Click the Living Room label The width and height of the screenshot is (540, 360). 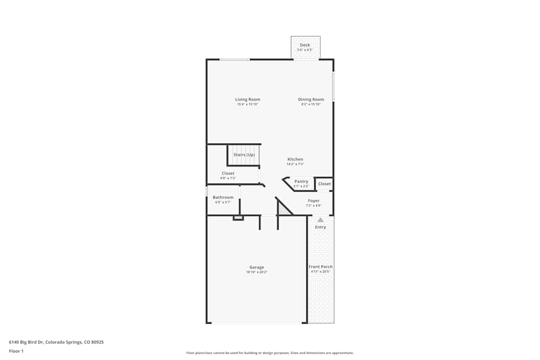tap(247, 99)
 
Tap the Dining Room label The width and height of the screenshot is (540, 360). tap(311, 99)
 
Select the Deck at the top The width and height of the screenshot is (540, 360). tap(306, 45)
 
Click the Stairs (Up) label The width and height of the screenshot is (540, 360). tap(244, 155)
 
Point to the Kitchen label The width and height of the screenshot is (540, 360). tap(295, 159)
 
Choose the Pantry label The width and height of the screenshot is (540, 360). tap(301, 181)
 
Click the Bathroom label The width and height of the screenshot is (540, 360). tap(223, 198)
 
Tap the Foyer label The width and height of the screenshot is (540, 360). tap(314, 201)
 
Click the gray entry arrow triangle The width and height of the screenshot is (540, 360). tap(320, 220)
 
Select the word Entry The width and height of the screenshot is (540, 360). tap(320, 227)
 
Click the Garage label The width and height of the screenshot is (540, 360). tap(256, 267)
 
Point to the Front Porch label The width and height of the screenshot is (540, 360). tap(320, 267)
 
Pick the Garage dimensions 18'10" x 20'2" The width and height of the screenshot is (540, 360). tap(256, 272)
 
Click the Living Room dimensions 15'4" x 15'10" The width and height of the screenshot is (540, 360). tap(247, 104)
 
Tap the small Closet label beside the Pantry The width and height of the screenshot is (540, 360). tap(324, 184)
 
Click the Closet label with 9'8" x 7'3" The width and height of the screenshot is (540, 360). tap(228, 173)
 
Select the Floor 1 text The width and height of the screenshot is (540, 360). tap(16, 351)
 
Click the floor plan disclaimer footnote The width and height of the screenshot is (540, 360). tap(270, 352)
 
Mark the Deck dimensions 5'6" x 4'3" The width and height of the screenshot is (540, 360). tap(305, 50)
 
